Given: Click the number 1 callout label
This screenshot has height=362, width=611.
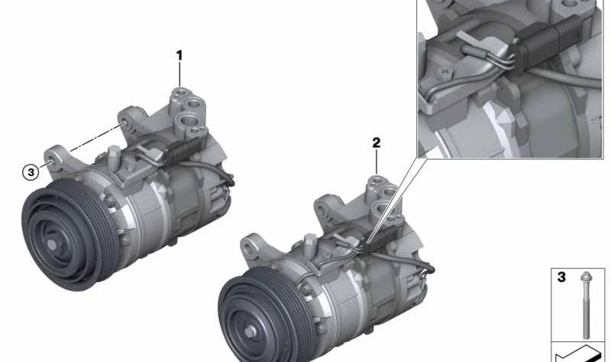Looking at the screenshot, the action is click(179, 56).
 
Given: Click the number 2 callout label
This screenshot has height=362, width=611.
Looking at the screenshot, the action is click(376, 143).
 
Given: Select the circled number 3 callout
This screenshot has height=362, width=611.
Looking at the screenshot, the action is click(31, 172).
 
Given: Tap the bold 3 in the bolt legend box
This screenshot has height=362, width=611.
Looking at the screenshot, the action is click(561, 277).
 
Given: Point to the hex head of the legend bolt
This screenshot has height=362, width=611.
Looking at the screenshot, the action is click(586, 276).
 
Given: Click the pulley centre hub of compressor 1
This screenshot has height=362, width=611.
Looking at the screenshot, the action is click(51, 244).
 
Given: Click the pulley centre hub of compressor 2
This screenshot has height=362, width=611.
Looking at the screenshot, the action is click(250, 331).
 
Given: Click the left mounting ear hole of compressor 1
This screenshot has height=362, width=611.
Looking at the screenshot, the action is click(51, 160).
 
